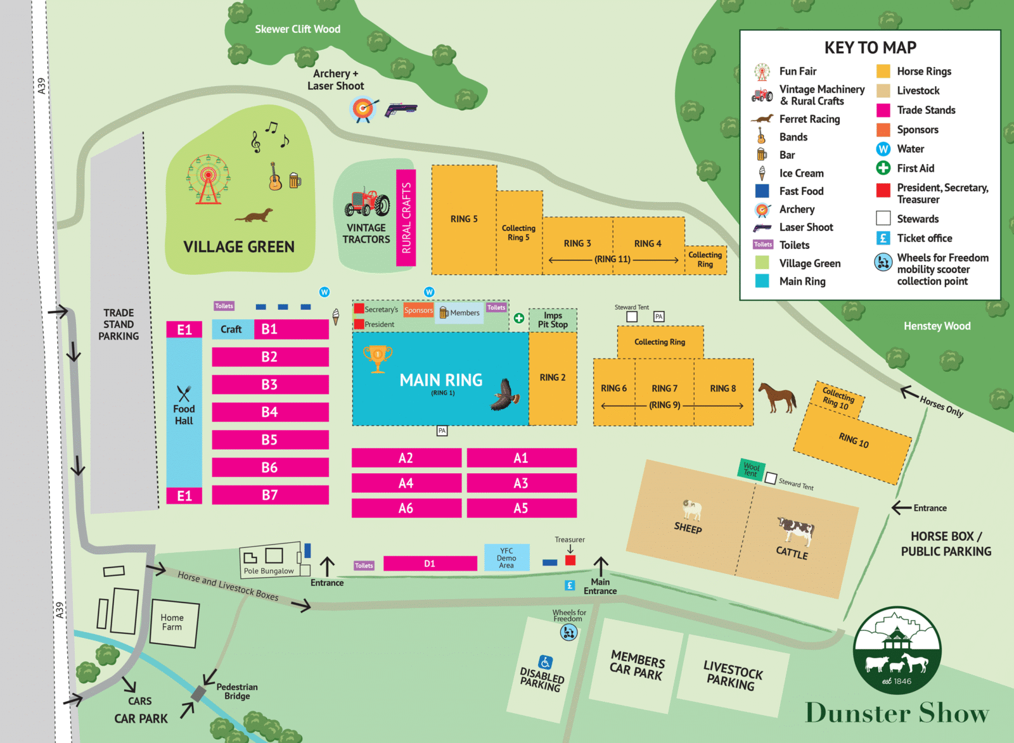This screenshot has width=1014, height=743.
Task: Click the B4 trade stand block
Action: [270, 412]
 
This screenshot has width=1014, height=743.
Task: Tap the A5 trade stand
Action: [521, 508]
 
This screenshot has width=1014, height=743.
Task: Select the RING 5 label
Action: [464, 219]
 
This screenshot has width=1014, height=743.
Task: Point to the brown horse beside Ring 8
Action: [778, 397]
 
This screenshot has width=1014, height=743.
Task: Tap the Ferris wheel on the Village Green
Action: [208, 179]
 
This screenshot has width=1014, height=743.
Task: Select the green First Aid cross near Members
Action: [519, 318]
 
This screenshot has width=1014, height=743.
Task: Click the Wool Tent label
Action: [751, 469]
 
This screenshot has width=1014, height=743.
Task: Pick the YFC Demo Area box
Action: [506, 558]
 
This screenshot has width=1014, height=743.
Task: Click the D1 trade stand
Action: [430, 563]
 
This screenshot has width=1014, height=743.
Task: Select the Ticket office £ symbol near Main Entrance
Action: [570, 585]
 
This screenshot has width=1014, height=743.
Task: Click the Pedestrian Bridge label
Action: [237, 691]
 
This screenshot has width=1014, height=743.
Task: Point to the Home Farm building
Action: [173, 623]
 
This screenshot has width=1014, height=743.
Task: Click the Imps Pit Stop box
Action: [553, 320]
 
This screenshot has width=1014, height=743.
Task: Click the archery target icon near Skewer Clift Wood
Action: [363, 109]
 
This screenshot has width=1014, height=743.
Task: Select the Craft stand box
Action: [232, 329]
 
